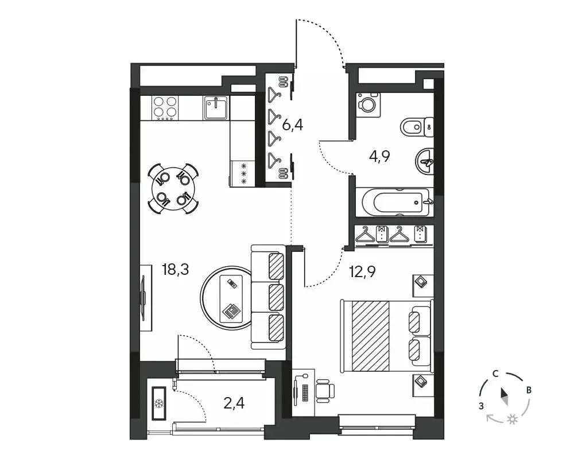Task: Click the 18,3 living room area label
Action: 175,270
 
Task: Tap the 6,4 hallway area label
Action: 293,125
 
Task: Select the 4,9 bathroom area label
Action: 379,156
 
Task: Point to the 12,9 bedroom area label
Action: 363,272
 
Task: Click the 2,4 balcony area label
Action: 234,403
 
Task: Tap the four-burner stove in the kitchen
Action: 165,108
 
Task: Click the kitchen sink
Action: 216,108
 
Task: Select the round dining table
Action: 173,189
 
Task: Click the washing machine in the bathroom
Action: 368,104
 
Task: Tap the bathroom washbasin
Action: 425,162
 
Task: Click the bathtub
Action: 395,202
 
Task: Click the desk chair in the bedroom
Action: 325,391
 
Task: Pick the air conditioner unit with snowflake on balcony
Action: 159,403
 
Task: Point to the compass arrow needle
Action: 505,397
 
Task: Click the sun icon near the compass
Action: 512,419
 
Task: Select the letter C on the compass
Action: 495,374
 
